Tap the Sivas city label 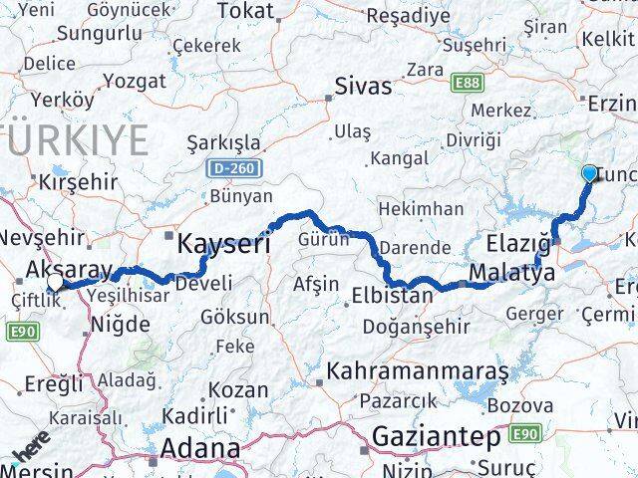(364, 87)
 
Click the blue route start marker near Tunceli (589, 174)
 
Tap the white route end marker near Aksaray (55, 282)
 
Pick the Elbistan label (392, 296)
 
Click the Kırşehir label (78, 182)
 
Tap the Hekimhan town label (420, 209)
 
